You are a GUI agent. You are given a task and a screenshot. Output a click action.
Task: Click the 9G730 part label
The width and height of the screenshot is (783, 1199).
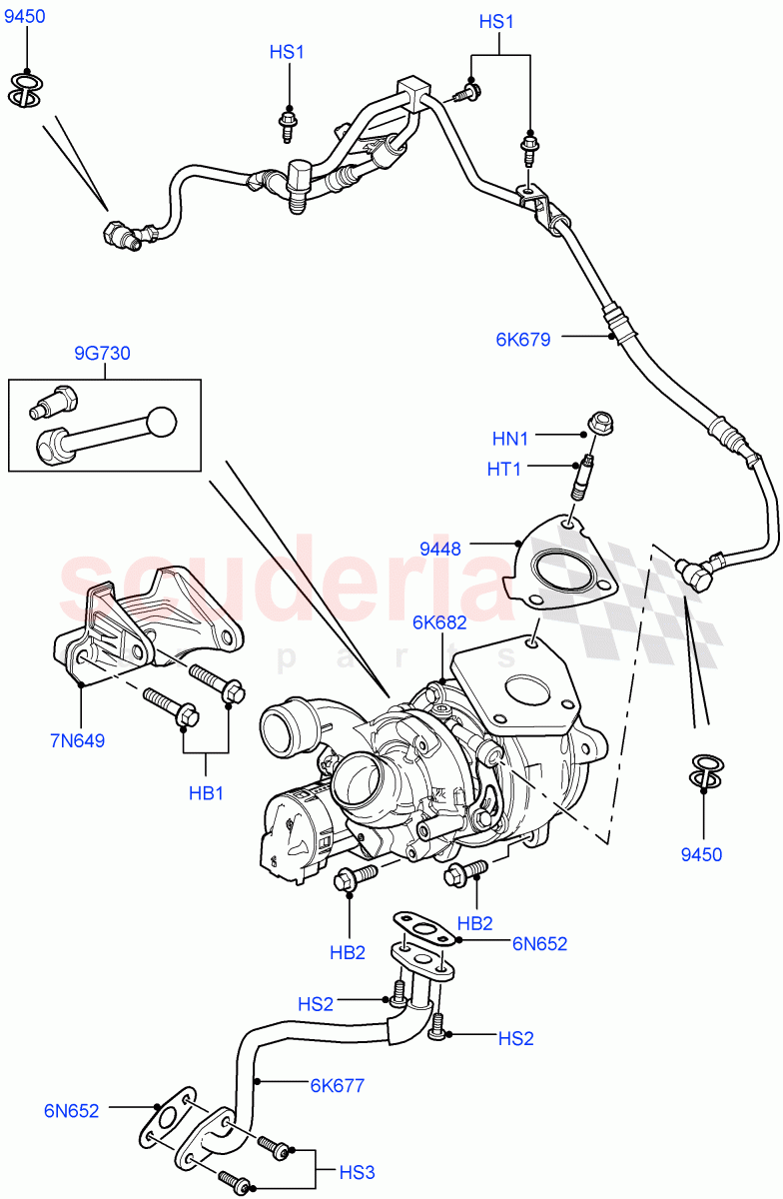coord(102,354)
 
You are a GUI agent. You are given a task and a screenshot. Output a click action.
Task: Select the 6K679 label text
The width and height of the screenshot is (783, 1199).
coord(522,339)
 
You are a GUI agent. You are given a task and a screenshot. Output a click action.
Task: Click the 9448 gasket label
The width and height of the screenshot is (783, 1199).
coord(439,549)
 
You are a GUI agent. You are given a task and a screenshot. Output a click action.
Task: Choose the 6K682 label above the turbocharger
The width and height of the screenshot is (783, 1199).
coord(439,623)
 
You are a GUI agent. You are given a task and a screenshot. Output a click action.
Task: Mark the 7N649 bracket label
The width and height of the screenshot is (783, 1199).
coord(76,740)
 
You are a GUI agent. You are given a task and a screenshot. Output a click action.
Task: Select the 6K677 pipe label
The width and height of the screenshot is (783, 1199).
coord(337,1085)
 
